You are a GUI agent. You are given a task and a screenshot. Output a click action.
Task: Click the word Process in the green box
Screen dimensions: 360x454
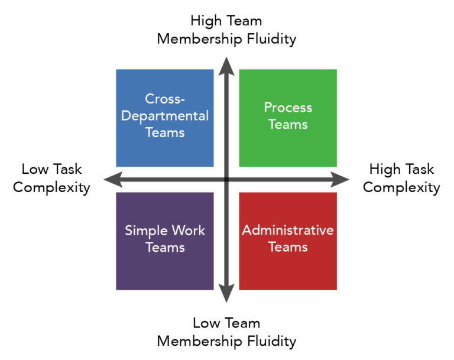[288, 108]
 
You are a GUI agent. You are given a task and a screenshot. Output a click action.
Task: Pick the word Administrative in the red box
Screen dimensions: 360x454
[288, 230]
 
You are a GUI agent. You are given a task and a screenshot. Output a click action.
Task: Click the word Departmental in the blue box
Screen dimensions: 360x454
[165, 116]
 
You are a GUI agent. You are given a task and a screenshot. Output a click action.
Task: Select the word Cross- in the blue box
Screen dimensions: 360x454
[165, 99]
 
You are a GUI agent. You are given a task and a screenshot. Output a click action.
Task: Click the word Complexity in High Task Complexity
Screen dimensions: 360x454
[401, 188]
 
